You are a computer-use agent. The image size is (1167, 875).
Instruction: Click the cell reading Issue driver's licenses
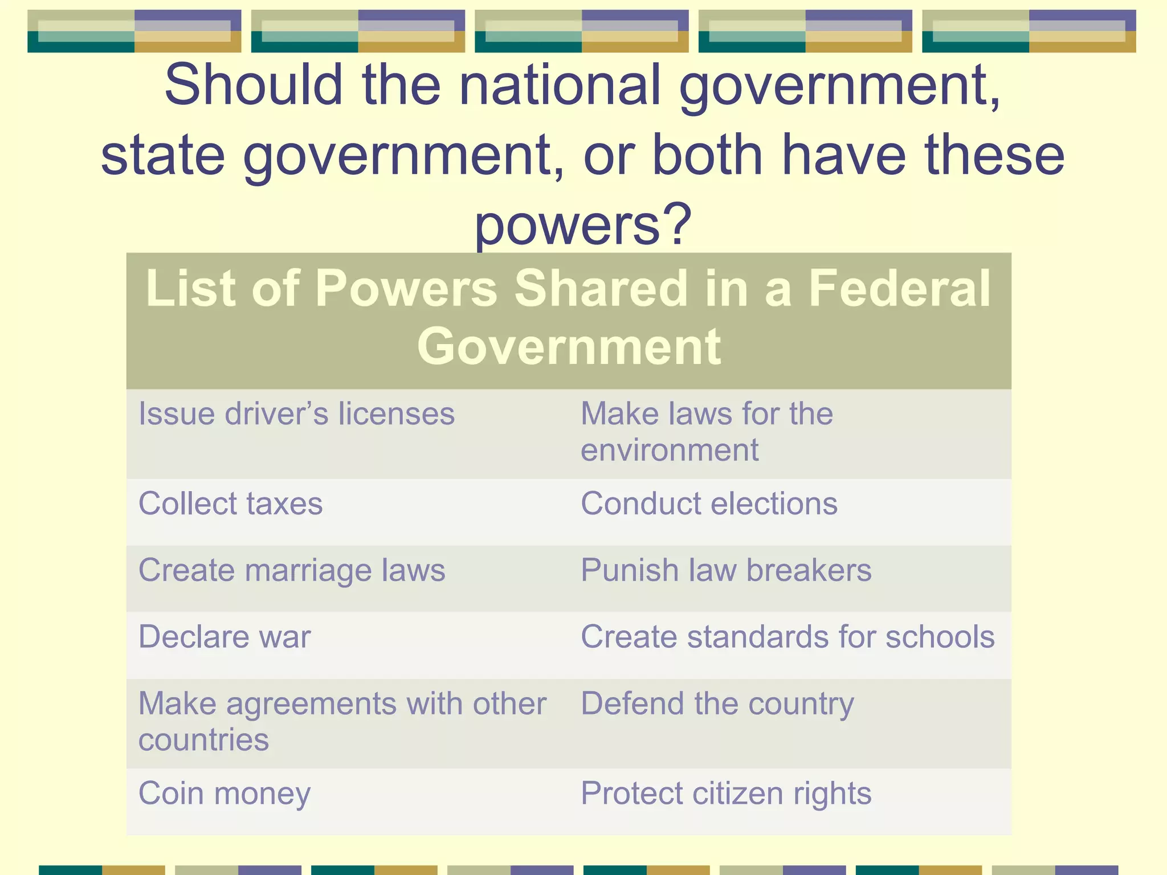tap(296, 414)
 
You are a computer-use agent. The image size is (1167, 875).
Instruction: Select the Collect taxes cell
tap(230, 504)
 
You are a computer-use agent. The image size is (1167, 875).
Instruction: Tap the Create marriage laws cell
tap(292, 570)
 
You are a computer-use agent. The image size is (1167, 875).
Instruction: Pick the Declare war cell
tap(225, 637)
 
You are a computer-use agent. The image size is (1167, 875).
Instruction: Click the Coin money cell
tap(225, 794)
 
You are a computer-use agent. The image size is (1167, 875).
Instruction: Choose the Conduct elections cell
tap(709, 504)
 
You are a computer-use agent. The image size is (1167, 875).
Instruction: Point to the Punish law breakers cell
tap(726, 570)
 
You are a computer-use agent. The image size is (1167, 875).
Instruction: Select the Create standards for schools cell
tap(787, 637)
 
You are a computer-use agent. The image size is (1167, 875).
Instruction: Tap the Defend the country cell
tap(717, 704)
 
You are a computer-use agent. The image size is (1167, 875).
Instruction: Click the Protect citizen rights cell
tap(726, 794)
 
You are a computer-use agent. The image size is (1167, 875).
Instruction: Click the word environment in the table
tap(670, 450)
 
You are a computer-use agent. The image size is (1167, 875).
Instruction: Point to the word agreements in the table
tap(311, 704)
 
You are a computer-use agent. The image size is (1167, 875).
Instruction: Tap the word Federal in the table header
tap(900, 288)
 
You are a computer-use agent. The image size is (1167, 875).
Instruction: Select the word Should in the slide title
tap(253, 85)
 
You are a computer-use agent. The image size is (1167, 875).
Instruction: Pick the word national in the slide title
tap(560, 85)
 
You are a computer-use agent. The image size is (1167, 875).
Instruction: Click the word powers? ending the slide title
tap(583, 226)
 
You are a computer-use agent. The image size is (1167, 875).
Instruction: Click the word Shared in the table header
tap(602, 288)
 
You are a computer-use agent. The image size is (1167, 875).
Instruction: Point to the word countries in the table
tap(203, 740)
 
